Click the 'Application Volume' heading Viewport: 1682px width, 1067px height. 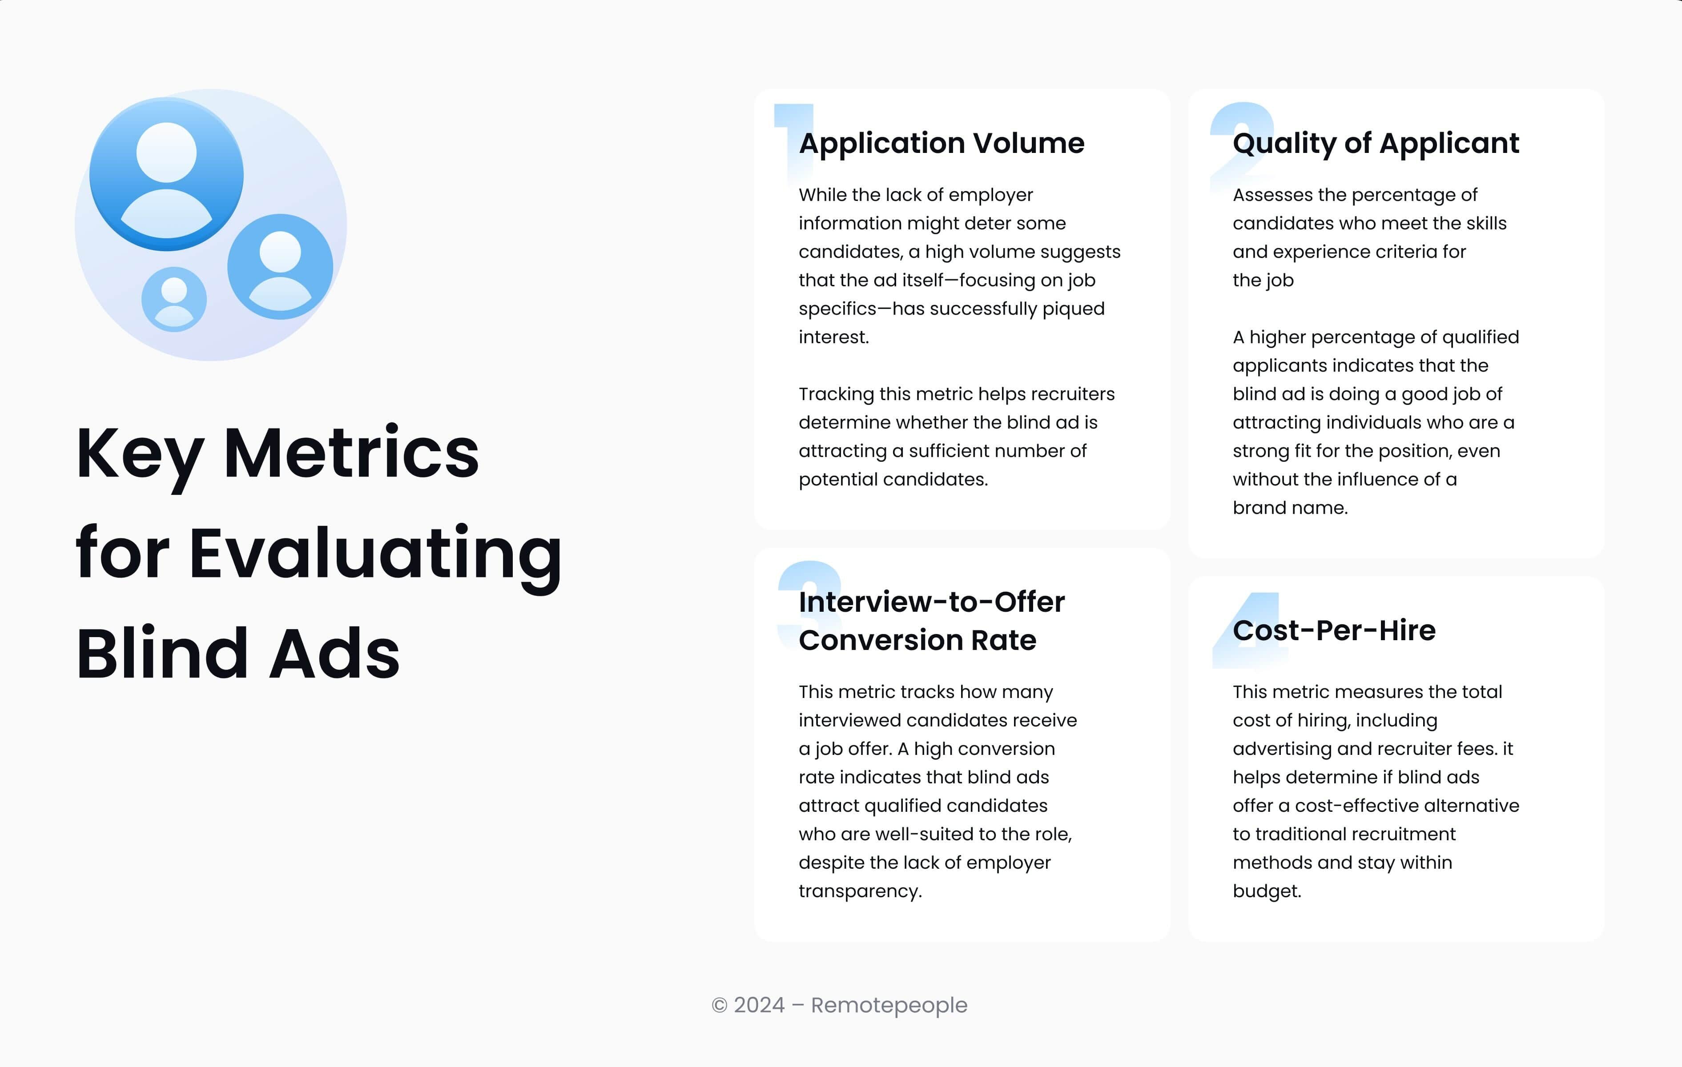(941, 143)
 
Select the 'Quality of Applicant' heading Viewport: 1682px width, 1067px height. (1376, 143)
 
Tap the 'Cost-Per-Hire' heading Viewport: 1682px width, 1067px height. (1333, 630)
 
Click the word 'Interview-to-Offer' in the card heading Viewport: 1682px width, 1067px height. (931, 602)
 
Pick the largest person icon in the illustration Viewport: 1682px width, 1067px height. (166, 175)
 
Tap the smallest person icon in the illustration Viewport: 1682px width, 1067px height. (174, 299)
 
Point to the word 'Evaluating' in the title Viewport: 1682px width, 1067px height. (375, 554)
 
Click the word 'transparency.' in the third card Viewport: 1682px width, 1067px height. (860, 892)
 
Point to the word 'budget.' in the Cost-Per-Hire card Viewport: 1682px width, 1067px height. (1266, 892)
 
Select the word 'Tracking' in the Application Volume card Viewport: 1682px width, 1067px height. (835, 394)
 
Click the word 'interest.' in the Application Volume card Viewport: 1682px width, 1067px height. (833, 337)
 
